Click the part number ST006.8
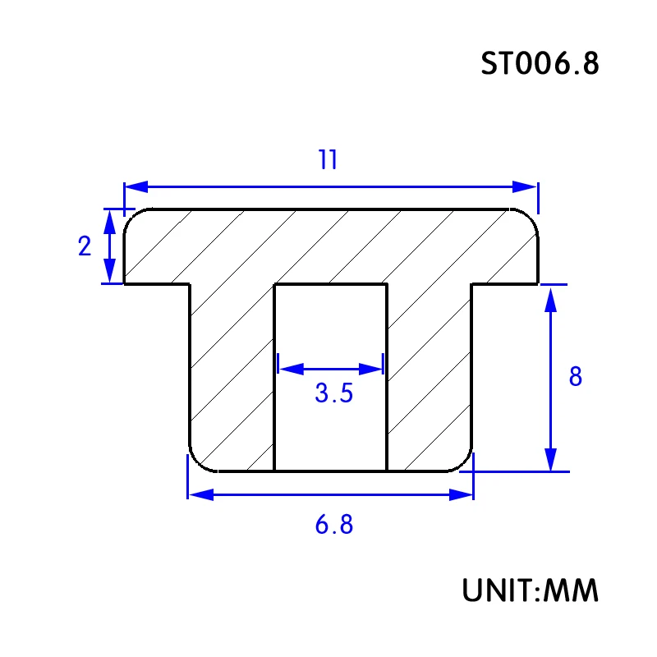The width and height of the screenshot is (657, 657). click(x=540, y=64)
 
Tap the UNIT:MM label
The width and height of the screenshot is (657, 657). click(x=530, y=590)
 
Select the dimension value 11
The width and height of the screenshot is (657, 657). click(x=328, y=159)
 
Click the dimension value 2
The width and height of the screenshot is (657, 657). click(x=85, y=246)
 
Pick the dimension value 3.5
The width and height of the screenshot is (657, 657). click(x=334, y=393)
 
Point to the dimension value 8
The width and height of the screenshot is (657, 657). click(x=576, y=376)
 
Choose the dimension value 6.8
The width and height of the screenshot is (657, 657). click(x=334, y=524)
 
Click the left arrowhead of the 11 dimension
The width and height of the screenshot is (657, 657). click(x=136, y=187)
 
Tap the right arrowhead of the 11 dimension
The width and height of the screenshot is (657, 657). click(x=525, y=187)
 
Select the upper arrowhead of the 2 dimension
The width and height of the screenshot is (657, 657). click(x=109, y=222)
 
